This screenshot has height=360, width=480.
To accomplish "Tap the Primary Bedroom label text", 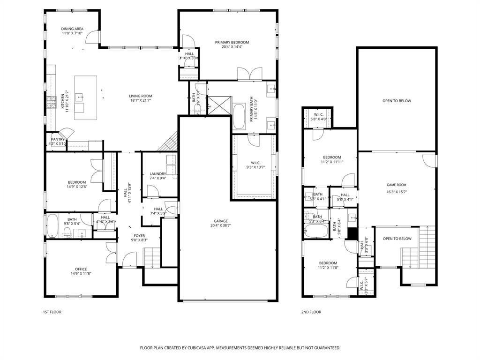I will click(232, 42).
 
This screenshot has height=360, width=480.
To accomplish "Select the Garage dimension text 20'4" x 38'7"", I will click(221, 225).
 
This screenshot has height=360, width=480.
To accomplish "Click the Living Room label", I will click(141, 96).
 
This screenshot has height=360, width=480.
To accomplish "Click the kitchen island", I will click(86, 94).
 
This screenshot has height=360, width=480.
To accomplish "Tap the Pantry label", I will click(58, 139).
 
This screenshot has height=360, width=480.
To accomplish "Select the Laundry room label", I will click(158, 173).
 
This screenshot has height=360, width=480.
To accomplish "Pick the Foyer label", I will click(139, 235).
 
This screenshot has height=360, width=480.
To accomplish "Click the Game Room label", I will click(396, 185).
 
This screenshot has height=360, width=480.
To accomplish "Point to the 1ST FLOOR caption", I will click(52, 312).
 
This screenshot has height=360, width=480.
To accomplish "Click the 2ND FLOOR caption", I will click(311, 312).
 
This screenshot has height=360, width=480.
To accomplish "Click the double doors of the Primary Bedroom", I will click(249, 74).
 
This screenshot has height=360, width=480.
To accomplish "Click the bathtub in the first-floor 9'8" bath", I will click(52, 226).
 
